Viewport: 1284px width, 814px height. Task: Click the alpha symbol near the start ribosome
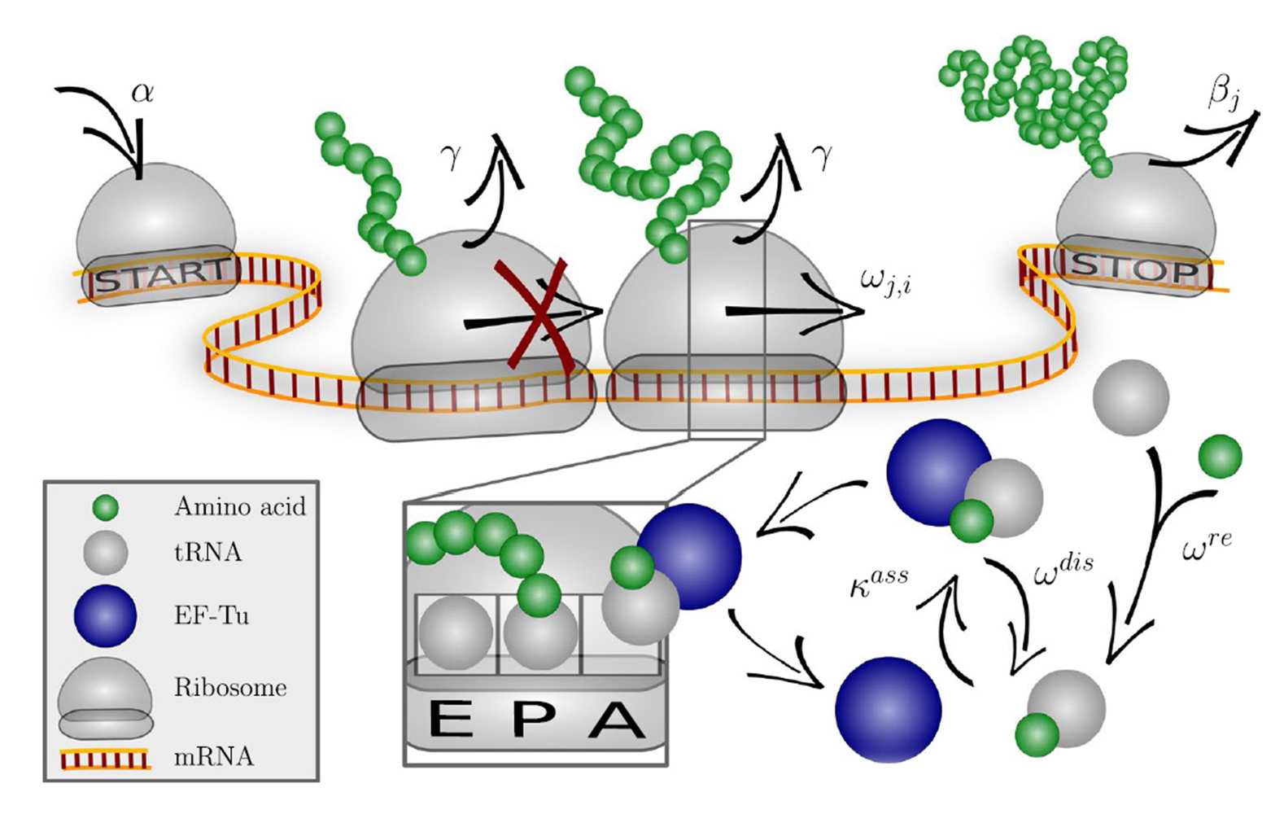point(143,91)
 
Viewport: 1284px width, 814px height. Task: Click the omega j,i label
point(886,281)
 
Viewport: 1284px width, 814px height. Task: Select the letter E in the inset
point(450,720)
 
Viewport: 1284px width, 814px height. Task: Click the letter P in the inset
point(532,720)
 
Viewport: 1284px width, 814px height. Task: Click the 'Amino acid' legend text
point(240,506)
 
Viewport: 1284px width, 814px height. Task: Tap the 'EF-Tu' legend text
point(212,615)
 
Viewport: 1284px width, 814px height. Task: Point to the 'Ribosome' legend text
point(230,687)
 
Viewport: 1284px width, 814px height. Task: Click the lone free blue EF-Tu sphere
point(889,709)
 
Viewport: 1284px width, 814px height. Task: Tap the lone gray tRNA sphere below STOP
point(1131,397)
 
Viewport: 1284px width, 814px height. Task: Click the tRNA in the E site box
point(456,633)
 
